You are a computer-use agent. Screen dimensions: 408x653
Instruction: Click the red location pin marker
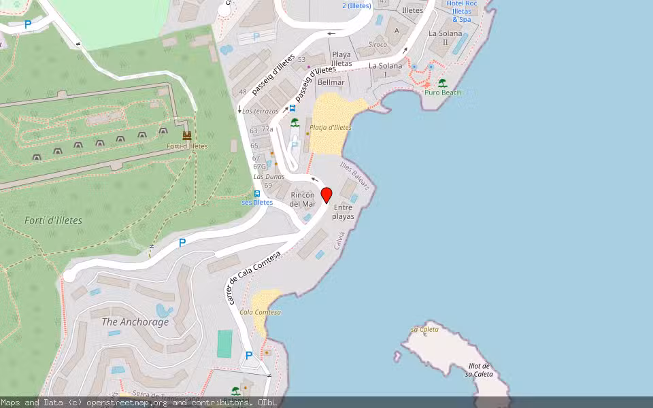click(x=326, y=194)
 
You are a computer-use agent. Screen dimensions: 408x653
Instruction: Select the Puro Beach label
click(x=442, y=92)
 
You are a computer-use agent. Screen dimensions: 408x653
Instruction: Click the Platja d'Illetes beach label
click(x=330, y=127)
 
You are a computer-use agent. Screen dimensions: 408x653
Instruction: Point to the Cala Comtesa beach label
click(x=260, y=312)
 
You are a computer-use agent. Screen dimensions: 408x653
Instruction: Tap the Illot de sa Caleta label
click(x=480, y=370)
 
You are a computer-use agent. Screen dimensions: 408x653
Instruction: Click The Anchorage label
click(x=135, y=322)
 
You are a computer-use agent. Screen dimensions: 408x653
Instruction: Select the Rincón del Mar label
click(x=303, y=199)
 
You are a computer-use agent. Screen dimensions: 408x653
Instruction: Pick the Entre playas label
click(x=343, y=211)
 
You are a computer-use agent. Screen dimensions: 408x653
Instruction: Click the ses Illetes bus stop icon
click(x=257, y=194)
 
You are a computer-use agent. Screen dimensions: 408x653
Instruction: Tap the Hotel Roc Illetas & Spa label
click(x=461, y=12)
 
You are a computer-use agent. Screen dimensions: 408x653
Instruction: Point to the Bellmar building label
click(x=331, y=82)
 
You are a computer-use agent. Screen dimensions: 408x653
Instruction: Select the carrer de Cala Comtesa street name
click(x=253, y=277)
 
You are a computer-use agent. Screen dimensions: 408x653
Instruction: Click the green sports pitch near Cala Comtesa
click(x=224, y=343)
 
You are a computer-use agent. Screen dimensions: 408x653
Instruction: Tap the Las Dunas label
click(x=269, y=177)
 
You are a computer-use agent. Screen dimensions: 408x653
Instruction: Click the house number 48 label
click(x=243, y=92)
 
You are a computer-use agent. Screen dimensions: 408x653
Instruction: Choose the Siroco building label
click(x=378, y=45)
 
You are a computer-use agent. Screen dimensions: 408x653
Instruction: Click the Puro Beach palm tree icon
click(x=443, y=83)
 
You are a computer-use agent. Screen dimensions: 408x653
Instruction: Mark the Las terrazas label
click(x=261, y=111)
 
